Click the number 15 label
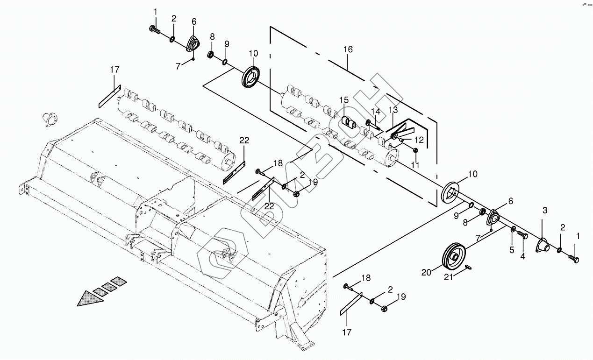[344, 100]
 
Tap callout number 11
[415, 165]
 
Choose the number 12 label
[419, 140]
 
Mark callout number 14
[375, 111]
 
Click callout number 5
[512, 250]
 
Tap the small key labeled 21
[471, 267]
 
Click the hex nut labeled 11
[415, 150]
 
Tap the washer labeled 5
[513, 229]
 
